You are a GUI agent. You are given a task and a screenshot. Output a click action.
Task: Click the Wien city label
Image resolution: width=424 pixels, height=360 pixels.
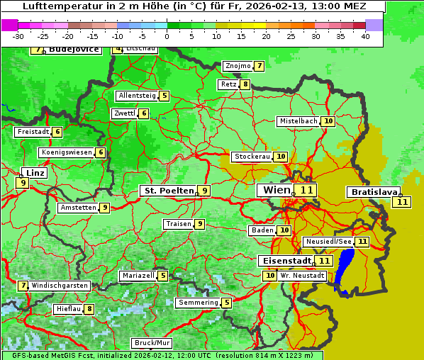coord(277,190)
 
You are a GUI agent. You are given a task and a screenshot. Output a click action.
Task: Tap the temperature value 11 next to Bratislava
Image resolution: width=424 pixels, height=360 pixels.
coord(403,202)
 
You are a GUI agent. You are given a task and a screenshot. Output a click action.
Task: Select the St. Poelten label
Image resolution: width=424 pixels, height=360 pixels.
coord(168,191)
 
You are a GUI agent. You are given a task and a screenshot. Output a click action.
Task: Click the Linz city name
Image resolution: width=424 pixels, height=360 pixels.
coord(35,173)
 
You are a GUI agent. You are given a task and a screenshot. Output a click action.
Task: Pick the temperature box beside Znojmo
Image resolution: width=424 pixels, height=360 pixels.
coord(260,66)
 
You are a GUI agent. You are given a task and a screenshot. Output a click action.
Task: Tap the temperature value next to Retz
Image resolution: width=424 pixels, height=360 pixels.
coord(245,84)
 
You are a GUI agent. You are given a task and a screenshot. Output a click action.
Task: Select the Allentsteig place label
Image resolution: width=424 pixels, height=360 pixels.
coord(137,96)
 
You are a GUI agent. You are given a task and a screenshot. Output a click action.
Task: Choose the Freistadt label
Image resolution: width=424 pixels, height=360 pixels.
coord(33,132)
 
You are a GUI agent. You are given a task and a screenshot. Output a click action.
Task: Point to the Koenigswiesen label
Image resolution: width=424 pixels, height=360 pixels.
coord(67,152)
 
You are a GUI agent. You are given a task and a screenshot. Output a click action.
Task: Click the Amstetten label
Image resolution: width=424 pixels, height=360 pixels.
coord(78,208)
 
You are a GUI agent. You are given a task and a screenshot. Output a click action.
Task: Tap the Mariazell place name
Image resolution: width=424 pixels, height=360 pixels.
coord(138,276)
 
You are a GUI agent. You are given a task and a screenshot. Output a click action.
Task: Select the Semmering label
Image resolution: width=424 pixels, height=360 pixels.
coord(198,303)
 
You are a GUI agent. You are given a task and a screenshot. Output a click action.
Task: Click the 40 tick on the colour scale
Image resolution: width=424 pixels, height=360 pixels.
coord(365,36)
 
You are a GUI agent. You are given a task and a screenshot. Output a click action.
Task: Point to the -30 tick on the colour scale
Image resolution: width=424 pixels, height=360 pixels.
coord(18,36)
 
